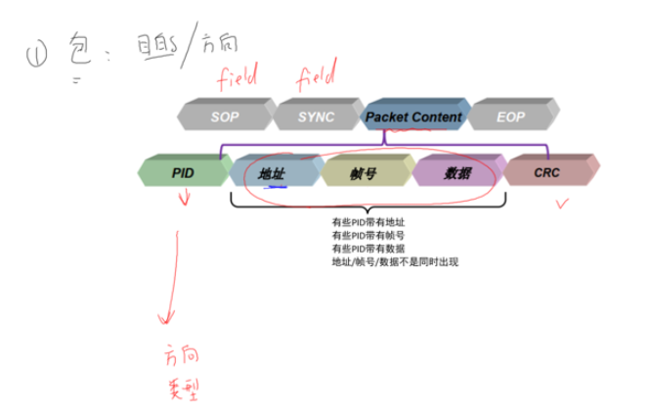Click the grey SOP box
click(224, 116)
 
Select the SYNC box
click(316, 116)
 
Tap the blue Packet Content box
click(413, 116)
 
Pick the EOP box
click(510, 116)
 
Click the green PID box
click(183, 172)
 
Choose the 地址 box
click(272, 173)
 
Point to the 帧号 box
click(363, 173)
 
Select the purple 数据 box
click(456, 173)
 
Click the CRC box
click(546, 172)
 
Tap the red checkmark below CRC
click(561, 204)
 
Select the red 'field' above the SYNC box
click(316, 73)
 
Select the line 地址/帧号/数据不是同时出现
click(395, 261)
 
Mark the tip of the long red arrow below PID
click(169, 322)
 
